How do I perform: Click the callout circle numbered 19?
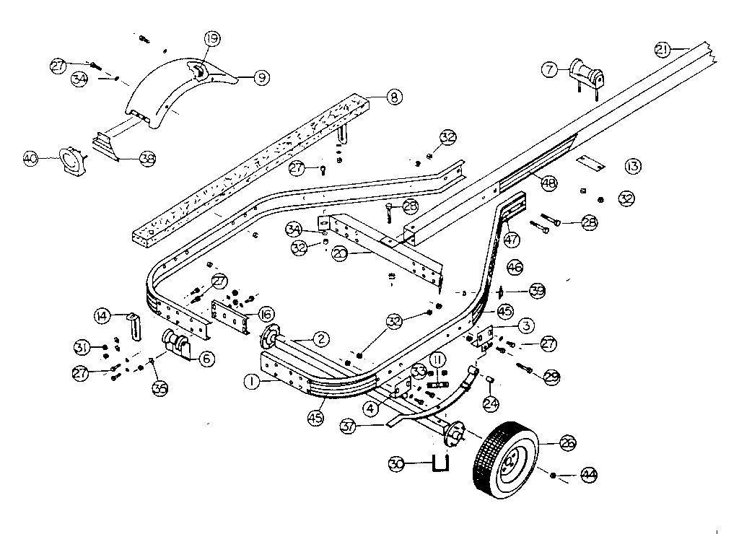point(211,39)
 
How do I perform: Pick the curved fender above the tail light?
point(170,94)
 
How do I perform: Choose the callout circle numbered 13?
point(632,167)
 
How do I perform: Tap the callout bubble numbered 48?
point(550,184)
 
